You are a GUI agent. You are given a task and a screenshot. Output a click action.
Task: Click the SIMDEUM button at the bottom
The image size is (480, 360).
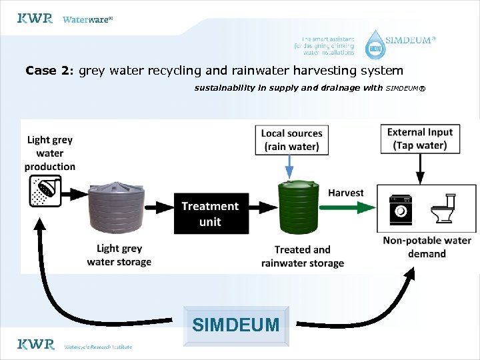(235, 325)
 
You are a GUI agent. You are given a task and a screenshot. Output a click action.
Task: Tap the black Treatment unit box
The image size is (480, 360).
(211, 213)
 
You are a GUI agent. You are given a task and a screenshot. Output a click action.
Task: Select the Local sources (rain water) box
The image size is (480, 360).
(291, 139)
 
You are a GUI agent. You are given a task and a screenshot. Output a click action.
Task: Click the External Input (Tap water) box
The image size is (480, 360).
(419, 139)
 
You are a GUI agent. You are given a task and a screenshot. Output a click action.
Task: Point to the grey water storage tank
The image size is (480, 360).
(116, 207)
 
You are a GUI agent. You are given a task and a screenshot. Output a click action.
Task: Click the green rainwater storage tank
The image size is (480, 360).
(298, 209)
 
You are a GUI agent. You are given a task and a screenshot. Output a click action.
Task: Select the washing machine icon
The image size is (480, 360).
(401, 209)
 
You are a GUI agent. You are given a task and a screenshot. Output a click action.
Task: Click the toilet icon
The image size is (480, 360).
(443, 209)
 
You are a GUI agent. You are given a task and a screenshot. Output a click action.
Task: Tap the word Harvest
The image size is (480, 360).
(345, 193)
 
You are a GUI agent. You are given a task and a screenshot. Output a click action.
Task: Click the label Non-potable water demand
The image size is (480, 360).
(427, 247)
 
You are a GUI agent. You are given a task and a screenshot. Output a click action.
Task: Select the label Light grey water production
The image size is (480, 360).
(50, 153)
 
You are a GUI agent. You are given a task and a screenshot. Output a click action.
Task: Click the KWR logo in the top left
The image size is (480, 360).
(35, 19)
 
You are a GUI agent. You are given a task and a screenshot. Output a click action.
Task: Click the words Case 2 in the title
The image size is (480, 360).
(50, 70)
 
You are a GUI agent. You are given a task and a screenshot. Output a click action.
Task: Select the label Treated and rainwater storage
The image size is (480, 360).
(302, 256)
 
